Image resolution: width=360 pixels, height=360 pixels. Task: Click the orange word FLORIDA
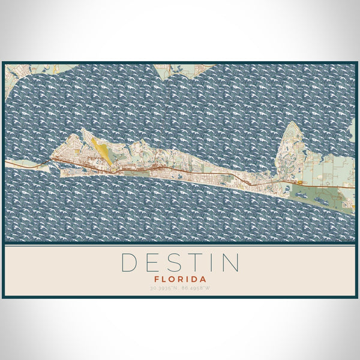[180, 279]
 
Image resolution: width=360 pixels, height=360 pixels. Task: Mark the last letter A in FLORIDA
[203, 279]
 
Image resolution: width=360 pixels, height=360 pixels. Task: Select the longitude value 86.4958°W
[196, 289]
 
